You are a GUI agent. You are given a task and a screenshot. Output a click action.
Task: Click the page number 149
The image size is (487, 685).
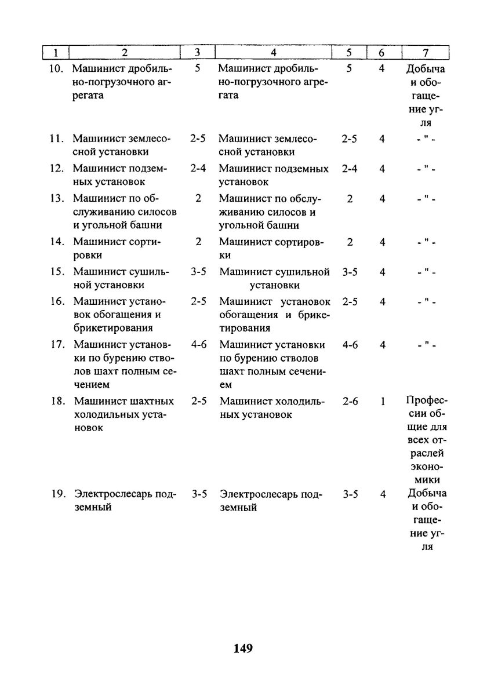coord(244,648)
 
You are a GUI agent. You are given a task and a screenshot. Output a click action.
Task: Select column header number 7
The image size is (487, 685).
coord(426,53)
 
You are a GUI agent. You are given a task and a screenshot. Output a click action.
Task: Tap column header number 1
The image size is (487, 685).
coord(56,53)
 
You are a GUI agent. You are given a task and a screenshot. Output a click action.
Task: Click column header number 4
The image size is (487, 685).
coord(272,53)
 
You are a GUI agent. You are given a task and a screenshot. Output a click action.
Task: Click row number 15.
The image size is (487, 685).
coord(56,272)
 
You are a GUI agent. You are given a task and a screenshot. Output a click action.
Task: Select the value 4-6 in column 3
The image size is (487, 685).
coord(198,345)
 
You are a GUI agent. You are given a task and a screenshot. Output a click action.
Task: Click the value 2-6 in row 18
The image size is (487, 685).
coord(350,401)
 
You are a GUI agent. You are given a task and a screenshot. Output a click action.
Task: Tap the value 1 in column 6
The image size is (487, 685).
coord(383,401)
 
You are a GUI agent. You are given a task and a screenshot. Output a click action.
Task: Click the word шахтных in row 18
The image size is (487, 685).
coord(153,401)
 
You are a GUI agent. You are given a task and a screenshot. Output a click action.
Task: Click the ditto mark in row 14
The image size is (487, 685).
coord(427,242)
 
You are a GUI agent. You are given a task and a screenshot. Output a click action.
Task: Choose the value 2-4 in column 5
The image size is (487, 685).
coord(350,169)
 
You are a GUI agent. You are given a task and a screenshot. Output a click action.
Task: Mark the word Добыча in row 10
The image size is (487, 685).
coord(427,68)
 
